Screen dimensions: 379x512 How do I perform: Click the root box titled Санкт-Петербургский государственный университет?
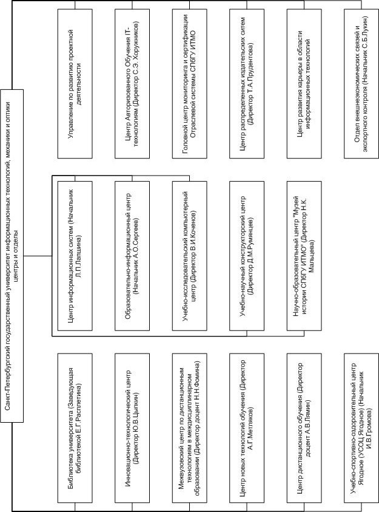(x=12, y=256)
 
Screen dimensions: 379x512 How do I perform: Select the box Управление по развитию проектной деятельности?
(x=75, y=84)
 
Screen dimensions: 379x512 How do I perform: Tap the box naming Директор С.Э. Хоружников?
(x=132, y=84)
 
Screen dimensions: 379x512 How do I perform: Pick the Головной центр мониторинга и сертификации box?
(x=189, y=84)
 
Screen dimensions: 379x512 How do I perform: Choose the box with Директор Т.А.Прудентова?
(x=247, y=84)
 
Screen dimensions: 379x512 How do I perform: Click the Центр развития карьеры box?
(x=304, y=84)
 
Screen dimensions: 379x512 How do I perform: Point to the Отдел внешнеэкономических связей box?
(x=361, y=84)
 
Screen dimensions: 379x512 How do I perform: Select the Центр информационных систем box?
(x=75, y=256)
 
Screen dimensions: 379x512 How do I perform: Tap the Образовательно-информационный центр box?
(x=132, y=256)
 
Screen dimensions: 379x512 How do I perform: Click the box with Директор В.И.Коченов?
(x=189, y=256)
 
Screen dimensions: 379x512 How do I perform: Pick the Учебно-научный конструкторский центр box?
(x=247, y=256)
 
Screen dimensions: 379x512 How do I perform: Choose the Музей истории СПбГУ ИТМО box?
(x=304, y=256)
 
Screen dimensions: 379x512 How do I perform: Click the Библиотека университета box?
(x=75, y=428)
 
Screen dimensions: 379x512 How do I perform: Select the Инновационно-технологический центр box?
(x=132, y=428)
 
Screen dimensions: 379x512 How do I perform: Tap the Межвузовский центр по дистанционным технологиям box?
(x=189, y=428)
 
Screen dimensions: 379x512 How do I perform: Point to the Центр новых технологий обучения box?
(x=247, y=428)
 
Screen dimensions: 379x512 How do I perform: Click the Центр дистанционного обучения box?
(x=304, y=428)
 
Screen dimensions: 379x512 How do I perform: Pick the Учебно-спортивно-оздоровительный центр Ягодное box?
(x=361, y=428)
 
